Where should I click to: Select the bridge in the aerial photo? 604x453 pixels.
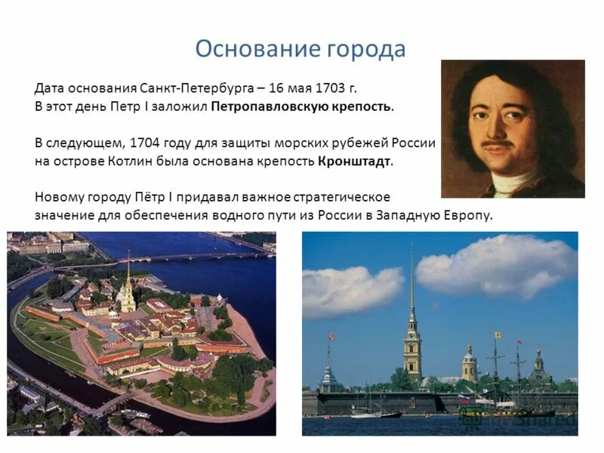pos(181,259)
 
